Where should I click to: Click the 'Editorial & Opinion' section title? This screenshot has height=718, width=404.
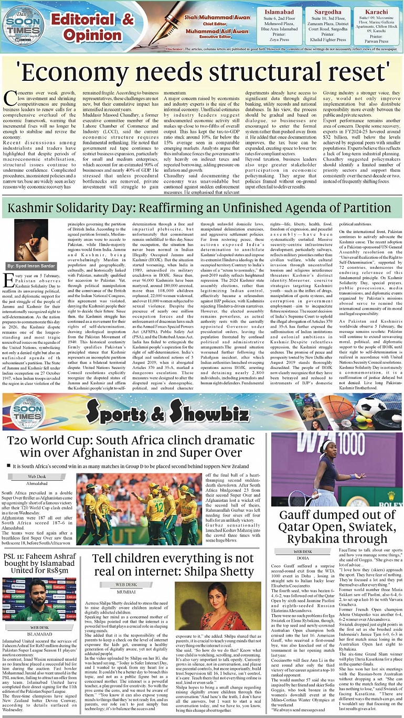(x=92, y=27)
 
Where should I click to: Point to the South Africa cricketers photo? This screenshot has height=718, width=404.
(x=137, y=508)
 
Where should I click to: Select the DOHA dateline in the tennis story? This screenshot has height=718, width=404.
(x=303, y=558)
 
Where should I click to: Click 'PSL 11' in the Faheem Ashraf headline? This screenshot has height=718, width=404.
(x=16, y=557)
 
